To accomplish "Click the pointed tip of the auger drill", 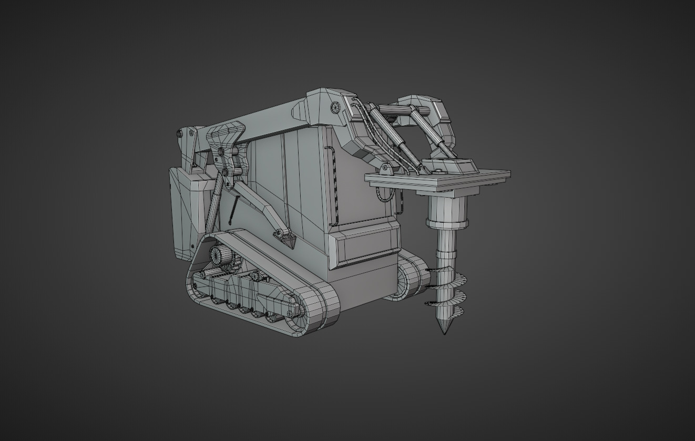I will pos(445,332).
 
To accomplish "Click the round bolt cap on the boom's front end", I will pos(335,107).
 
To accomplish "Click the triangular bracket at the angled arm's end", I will pos(289,241).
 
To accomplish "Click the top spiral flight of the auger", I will pos(444,273).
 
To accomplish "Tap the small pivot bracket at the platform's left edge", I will pos(385,169).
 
